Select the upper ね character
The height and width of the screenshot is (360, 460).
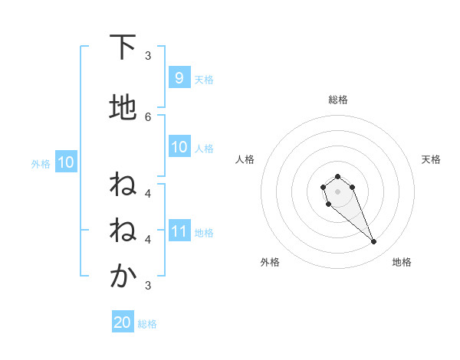click(x=123, y=185)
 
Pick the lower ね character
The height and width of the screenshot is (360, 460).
click(x=123, y=231)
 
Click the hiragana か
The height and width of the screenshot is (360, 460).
click(x=123, y=277)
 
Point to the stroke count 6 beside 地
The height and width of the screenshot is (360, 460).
click(x=148, y=116)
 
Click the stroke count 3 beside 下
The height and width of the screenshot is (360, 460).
click(x=148, y=55)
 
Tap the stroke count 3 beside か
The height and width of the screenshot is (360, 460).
click(x=148, y=285)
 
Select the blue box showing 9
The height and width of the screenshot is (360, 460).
click(x=179, y=77)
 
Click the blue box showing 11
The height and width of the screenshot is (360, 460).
click(x=179, y=231)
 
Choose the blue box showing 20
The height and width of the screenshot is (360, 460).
click(x=123, y=322)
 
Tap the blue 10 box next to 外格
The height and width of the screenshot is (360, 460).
click(x=65, y=162)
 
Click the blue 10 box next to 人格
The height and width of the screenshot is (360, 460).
click(x=179, y=147)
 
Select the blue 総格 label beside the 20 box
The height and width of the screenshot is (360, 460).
click(x=147, y=324)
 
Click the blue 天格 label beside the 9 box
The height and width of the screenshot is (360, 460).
click(x=204, y=79)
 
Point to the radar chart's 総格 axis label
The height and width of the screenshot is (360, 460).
click(x=337, y=100)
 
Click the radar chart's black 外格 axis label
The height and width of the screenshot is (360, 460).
click(x=270, y=262)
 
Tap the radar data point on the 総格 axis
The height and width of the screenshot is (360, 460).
click(x=337, y=176)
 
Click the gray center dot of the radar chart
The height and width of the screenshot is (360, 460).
click(x=337, y=191)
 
